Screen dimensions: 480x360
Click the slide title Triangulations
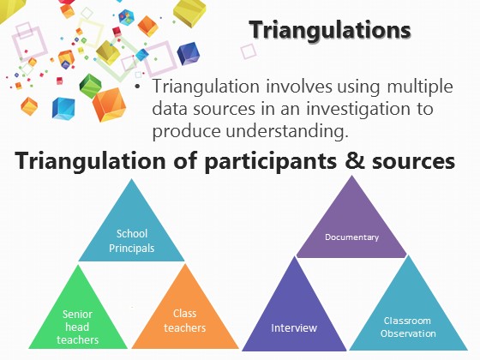330,30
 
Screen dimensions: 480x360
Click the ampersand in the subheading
355,161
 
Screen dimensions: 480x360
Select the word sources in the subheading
413,162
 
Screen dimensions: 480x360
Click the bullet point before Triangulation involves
137,87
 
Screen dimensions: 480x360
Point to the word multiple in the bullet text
420,87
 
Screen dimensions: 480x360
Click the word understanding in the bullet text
287,132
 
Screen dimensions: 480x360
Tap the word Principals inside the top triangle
132,248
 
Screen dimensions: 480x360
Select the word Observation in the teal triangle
408,333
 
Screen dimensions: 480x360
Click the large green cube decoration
90,86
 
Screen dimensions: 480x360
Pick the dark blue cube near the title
188,54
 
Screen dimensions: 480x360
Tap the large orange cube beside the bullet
109,104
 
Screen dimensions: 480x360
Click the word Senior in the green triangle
77,314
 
